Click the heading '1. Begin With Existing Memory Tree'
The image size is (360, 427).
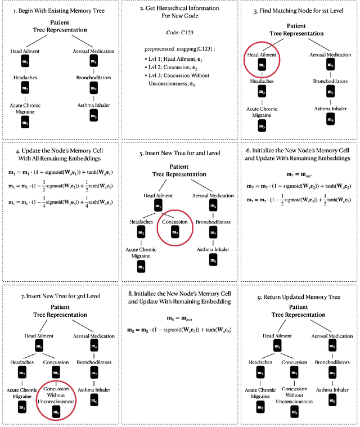tap(60, 11)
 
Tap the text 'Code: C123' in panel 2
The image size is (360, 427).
tap(179, 33)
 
